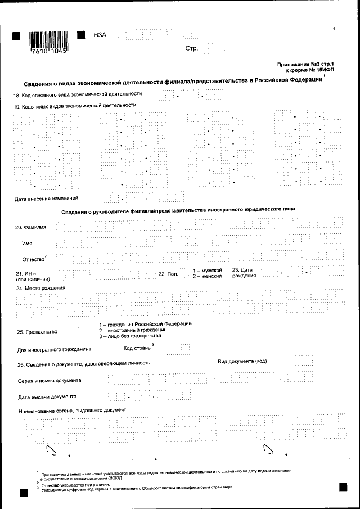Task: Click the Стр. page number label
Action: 191,48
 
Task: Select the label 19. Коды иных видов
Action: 75,105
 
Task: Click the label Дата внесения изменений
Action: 46,198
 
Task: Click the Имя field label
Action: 26,243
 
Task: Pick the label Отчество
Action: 33,259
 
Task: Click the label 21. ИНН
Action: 26,273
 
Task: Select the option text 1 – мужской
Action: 208,270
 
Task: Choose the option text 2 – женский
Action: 207,276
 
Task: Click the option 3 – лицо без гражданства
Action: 126,336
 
